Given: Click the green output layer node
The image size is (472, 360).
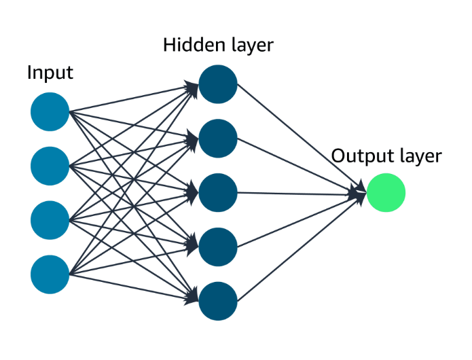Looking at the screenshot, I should [386, 193].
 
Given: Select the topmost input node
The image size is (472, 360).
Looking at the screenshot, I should [50, 111].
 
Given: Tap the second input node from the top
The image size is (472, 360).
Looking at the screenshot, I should [50, 166].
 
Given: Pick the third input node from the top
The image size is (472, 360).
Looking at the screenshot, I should [50, 220].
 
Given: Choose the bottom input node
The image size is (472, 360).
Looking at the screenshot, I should [50, 274].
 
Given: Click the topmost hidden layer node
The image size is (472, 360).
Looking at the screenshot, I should [218, 84].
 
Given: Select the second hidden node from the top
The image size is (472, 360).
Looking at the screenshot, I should [218, 139].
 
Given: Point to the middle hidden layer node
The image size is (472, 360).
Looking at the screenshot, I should [218, 193].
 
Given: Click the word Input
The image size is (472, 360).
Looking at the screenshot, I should [50, 73].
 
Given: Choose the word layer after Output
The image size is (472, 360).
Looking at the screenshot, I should [420, 157].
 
